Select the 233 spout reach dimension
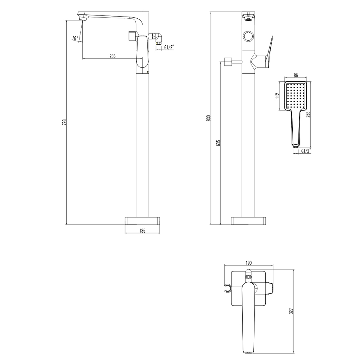[x=112, y=56]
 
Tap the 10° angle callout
[x=75, y=38]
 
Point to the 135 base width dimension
[x=142, y=231]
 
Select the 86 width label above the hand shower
[x=296, y=75]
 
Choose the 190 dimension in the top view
[x=248, y=263]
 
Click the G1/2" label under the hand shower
[x=305, y=151]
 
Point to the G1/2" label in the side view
[x=170, y=47]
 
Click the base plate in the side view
[x=142, y=220]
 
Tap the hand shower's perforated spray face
[x=296, y=96]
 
